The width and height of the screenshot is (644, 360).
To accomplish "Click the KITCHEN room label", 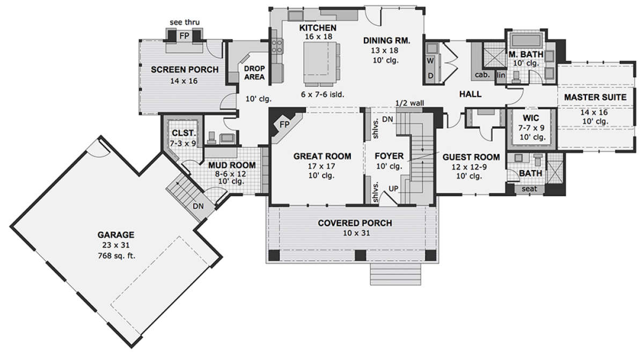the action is [x=318, y=28].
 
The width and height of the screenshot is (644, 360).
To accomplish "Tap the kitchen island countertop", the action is [x=320, y=62].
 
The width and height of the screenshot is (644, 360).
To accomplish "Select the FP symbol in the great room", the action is [x=284, y=124].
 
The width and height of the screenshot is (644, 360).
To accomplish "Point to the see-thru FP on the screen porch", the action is [x=184, y=36].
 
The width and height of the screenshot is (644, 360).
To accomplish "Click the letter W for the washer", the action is [x=430, y=61].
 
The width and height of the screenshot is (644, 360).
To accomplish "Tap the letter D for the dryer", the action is [x=430, y=76].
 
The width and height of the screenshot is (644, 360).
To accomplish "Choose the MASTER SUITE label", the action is [x=595, y=98].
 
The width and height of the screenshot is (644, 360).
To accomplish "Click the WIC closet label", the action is [x=531, y=118].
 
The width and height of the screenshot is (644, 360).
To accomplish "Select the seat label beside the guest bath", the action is [x=529, y=189].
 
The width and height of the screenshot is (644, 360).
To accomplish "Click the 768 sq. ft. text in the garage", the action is [x=116, y=255].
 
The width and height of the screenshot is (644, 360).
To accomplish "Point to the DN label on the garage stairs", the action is [x=198, y=206].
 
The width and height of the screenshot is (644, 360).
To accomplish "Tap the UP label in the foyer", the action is [x=393, y=189].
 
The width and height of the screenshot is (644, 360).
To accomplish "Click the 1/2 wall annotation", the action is [x=409, y=103].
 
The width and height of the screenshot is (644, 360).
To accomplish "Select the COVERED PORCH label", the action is [x=355, y=223].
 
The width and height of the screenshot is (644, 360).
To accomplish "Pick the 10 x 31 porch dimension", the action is [x=356, y=233].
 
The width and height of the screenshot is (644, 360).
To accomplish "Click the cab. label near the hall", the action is [x=482, y=75].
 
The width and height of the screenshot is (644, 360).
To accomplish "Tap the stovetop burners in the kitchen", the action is [x=277, y=46].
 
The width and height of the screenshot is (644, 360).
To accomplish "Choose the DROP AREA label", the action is [x=254, y=72].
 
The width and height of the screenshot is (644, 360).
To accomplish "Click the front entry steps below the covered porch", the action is [x=396, y=274].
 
